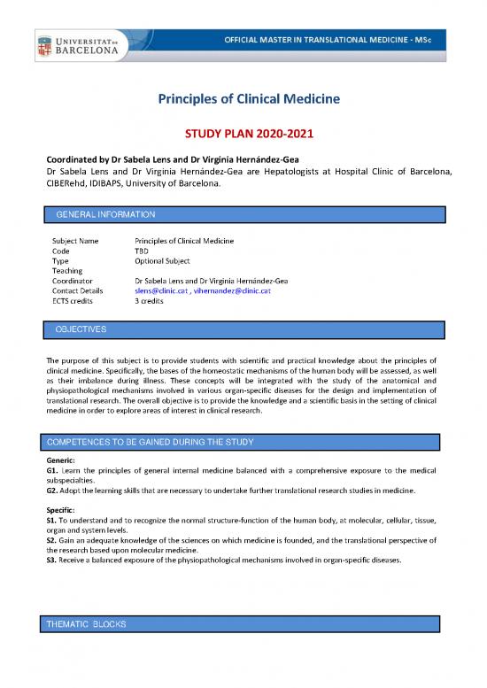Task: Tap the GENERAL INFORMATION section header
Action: (x=105, y=214)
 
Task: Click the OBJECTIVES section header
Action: (x=81, y=329)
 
